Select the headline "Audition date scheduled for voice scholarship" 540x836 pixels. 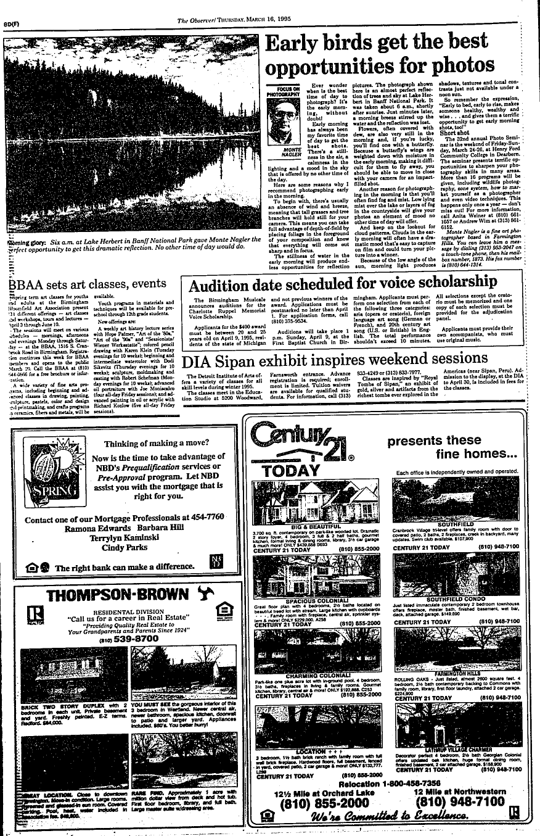(x=342, y=285)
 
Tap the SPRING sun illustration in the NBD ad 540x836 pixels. (x=46, y=474)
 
